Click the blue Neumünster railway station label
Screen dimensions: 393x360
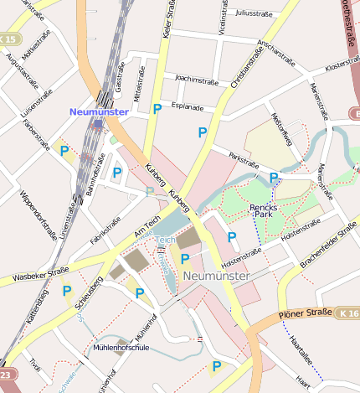point(99,111)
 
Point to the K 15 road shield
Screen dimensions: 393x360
point(9,39)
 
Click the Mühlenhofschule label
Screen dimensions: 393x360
point(122,347)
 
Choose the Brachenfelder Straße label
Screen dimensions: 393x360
point(329,247)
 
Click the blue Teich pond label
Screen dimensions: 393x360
point(162,240)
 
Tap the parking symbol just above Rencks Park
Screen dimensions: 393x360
point(274,178)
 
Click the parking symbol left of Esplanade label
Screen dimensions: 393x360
point(157,109)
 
